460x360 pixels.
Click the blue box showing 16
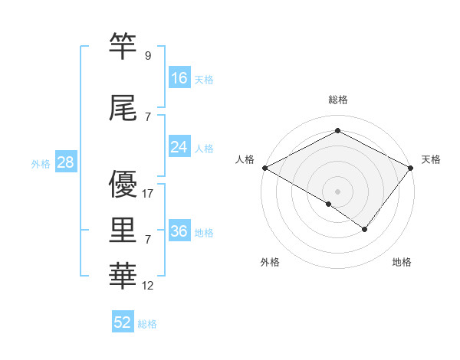click(x=179, y=78)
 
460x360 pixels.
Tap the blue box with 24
click(x=179, y=147)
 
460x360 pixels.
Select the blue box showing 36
click(x=179, y=231)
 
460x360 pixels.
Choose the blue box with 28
click(x=64, y=162)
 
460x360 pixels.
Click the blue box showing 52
click(x=123, y=322)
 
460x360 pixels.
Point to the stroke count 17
click(x=149, y=194)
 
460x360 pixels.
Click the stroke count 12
click(x=149, y=286)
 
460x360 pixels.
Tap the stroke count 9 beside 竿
click(x=147, y=56)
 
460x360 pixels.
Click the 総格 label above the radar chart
click(x=337, y=100)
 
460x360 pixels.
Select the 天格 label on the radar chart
click(x=431, y=159)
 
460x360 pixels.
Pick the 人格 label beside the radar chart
click(x=245, y=159)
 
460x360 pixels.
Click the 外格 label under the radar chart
click(x=270, y=262)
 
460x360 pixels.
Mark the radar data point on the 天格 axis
click(x=412, y=167)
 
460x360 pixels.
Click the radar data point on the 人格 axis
click(x=264, y=167)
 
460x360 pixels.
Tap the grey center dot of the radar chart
click(x=337, y=191)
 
